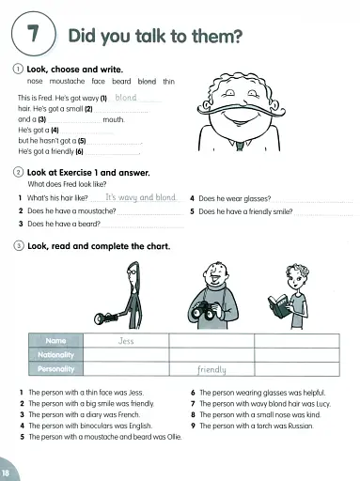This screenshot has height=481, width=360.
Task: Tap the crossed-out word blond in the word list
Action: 149,82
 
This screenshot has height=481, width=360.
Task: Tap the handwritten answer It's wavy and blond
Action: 141,198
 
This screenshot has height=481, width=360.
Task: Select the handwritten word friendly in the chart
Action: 212,369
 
